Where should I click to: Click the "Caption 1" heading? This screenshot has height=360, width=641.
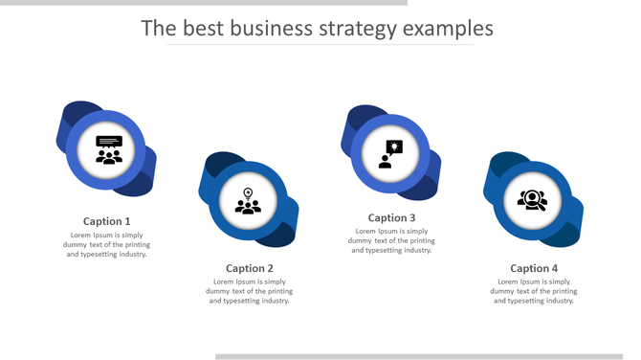107,221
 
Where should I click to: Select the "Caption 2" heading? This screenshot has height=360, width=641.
250,268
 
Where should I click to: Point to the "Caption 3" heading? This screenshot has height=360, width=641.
391,218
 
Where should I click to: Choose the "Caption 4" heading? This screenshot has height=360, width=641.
534,268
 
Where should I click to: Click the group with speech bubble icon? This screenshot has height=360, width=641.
109,150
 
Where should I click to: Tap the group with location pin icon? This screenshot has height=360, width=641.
249,201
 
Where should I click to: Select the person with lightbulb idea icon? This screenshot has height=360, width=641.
390,153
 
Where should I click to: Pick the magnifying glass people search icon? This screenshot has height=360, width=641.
532,200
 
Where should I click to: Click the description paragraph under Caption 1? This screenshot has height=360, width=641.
107,244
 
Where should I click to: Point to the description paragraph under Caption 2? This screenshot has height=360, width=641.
250,291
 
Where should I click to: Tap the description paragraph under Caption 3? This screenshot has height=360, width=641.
391,240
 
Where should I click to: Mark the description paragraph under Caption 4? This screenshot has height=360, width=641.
534,291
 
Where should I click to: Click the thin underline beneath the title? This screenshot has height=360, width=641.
320,45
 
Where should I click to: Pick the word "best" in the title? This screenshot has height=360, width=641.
204,28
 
